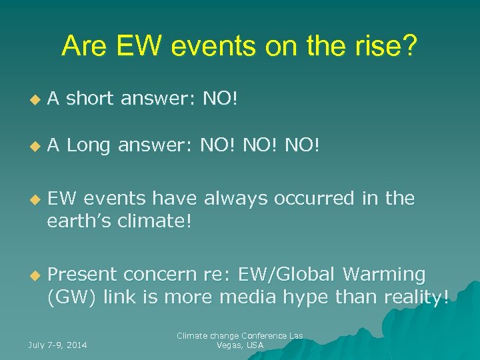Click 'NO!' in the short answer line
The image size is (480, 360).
point(220,99)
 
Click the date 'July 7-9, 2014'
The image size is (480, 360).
point(57,345)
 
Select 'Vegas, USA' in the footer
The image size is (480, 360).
point(240,345)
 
